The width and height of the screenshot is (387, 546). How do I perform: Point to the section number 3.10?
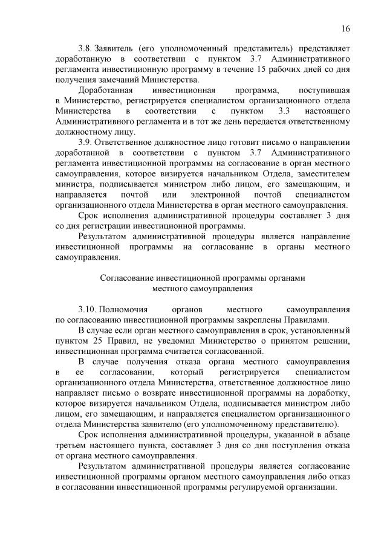(x=88, y=309)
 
